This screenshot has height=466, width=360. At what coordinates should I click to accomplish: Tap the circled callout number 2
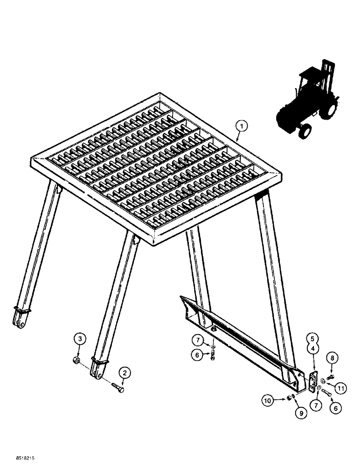tap(125, 373)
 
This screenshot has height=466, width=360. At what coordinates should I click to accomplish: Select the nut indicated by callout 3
tap(76, 361)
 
